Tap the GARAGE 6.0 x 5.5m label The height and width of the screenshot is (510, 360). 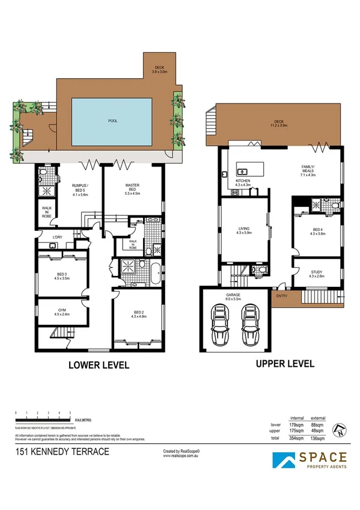233,295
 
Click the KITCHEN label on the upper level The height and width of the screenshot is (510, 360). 242,182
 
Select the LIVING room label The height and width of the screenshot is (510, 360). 244,230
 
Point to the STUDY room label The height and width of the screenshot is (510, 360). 316,274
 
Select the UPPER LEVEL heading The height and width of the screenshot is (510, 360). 285,363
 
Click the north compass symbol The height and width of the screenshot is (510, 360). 341,429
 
